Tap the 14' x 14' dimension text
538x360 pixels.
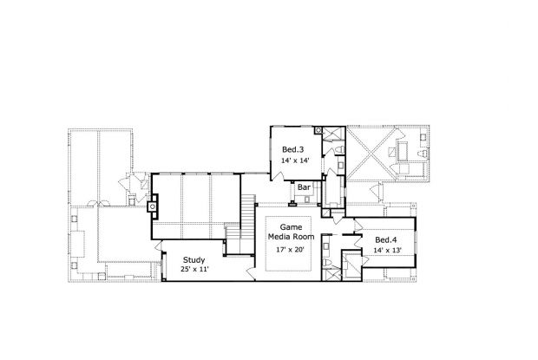point(295,160)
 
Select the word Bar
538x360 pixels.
point(305,187)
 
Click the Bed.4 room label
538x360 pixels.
point(386,239)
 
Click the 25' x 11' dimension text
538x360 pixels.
point(195,270)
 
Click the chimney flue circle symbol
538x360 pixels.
point(152,206)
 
